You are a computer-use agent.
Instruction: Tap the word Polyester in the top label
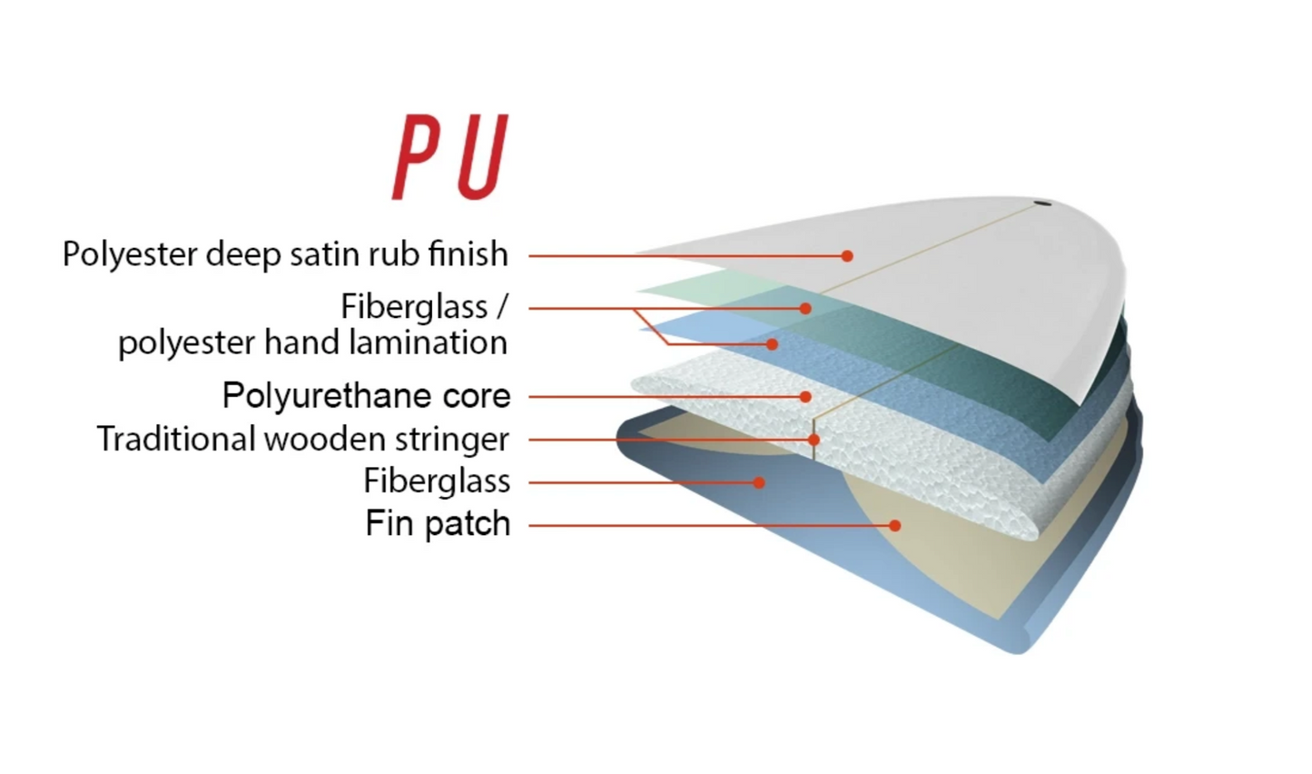(x=130, y=254)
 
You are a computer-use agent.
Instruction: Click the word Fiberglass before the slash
(x=414, y=307)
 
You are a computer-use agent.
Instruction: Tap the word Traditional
(x=176, y=440)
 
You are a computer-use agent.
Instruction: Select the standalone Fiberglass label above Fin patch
(x=437, y=481)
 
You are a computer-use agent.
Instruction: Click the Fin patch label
(x=438, y=523)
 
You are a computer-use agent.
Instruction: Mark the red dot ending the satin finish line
(x=847, y=256)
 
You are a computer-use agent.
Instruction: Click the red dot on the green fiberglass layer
(x=805, y=309)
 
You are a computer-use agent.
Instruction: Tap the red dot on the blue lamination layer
(x=772, y=344)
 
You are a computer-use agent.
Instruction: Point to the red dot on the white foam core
(x=805, y=397)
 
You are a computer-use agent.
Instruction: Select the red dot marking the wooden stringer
(x=814, y=440)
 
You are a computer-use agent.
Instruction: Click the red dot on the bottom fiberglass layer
(x=759, y=482)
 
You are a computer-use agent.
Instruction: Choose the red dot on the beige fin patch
(x=895, y=526)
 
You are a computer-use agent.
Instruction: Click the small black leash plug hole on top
(x=1042, y=203)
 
